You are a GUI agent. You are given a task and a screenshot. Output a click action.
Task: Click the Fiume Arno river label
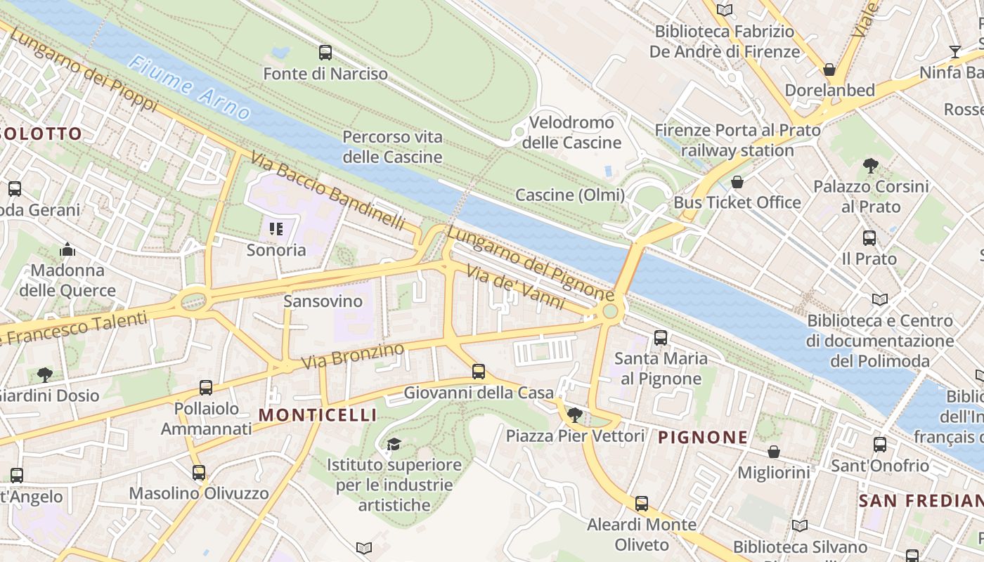pos(189,88)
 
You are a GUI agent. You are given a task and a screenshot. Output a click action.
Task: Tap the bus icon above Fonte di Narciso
pos(325,52)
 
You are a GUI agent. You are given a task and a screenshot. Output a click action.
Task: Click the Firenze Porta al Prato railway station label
pos(737,140)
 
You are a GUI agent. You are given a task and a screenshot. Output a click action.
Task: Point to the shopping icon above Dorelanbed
pos(829,70)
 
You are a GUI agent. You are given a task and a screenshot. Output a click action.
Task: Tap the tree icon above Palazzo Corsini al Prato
pos(871,166)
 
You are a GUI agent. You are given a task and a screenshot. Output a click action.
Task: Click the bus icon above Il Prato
pos(869,237)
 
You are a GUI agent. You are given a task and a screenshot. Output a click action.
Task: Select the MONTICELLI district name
pos(317,415)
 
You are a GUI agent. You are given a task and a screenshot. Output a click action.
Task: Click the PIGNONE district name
pos(703,437)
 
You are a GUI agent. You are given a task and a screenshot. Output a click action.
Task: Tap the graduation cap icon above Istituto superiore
pos(394,444)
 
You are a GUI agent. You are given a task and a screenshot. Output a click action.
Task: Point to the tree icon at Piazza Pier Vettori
pos(575,414)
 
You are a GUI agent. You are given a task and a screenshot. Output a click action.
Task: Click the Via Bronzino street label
pos(353,356)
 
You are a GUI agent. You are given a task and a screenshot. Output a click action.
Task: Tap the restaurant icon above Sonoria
pos(276,228)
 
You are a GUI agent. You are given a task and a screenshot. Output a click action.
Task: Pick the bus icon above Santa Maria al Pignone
pos(661,337)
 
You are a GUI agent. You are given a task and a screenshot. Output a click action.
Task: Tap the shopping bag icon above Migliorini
pos(773,451)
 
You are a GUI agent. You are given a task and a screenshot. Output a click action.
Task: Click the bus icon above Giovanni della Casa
pos(479,371)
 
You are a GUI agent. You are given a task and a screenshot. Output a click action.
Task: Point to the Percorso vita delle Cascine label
pos(392,147)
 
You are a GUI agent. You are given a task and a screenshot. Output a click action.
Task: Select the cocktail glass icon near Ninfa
pos(954,51)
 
